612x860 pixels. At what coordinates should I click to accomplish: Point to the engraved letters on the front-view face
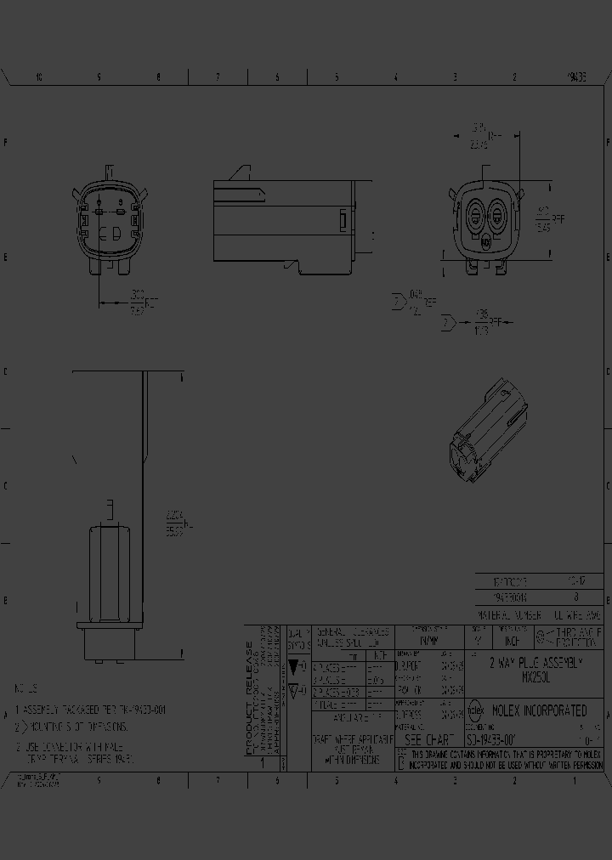tap(110, 232)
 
